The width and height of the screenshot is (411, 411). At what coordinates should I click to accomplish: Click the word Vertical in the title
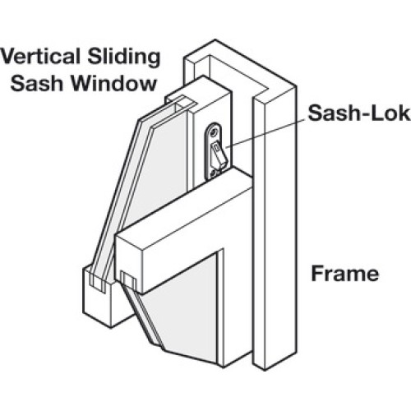click(x=40, y=57)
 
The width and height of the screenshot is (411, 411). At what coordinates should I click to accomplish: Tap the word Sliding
click(x=124, y=58)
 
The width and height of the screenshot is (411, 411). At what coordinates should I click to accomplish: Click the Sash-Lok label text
click(x=359, y=113)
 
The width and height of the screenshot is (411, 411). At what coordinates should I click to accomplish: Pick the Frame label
click(x=345, y=274)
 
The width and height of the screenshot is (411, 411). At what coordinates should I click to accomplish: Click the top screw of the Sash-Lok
click(x=214, y=132)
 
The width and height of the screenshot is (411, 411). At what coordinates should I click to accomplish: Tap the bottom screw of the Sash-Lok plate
click(x=212, y=173)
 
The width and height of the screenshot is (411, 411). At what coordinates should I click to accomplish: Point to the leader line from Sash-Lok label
click(x=266, y=133)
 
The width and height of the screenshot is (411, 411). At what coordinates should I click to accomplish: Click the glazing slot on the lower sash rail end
click(x=128, y=279)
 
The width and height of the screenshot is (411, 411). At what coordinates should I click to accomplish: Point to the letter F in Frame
click(x=317, y=274)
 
